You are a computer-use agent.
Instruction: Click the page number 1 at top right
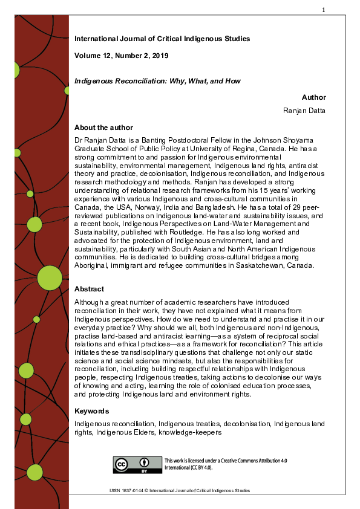[324, 10]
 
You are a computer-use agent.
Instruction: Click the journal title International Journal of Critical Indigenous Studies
[162, 39]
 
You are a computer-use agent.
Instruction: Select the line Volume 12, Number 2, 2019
[121, 56]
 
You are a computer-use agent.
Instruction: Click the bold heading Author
[313, 97]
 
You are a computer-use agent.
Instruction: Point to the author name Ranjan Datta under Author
[305, 110]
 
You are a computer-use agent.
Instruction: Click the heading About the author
[103, 128]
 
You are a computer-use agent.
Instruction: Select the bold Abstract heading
[89, 289]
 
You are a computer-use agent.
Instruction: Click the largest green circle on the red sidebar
[50, 278]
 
